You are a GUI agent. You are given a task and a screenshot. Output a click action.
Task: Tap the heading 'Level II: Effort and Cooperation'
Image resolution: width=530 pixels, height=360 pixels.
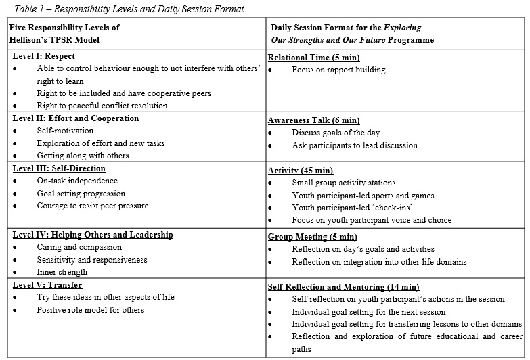click(x=76, y=118)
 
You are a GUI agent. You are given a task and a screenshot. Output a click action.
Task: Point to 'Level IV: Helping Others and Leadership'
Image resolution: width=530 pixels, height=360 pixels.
click(x=93, y=235)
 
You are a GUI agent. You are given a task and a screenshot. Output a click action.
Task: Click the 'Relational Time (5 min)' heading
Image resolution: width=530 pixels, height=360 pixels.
click(x=314, y=58)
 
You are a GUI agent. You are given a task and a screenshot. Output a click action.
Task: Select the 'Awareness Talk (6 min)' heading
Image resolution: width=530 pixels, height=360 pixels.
click(x=313, y=120)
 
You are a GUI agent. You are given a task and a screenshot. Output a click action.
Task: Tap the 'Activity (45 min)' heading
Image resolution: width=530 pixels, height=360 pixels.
click(x=301, y=171)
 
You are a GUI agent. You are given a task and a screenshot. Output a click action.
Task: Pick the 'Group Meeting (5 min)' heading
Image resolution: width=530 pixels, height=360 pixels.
click(x=313, y=237)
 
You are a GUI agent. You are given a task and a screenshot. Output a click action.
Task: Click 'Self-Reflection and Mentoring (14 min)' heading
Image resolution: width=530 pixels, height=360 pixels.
click(x=344, y=287)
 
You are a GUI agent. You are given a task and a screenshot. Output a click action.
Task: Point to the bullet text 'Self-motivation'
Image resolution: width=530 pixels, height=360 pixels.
click(x=66, y=131)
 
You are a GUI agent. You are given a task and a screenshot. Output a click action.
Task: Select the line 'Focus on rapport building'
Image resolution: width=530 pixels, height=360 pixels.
click(x=338, y=70)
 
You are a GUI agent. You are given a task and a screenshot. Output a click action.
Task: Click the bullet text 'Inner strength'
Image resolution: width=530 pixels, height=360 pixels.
click(x=62, y=272)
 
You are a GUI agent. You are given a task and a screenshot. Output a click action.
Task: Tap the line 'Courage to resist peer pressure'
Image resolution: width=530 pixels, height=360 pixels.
click(x=93, y=206)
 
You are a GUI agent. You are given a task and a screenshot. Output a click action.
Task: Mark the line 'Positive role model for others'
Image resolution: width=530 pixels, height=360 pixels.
click(x=91, y=310)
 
